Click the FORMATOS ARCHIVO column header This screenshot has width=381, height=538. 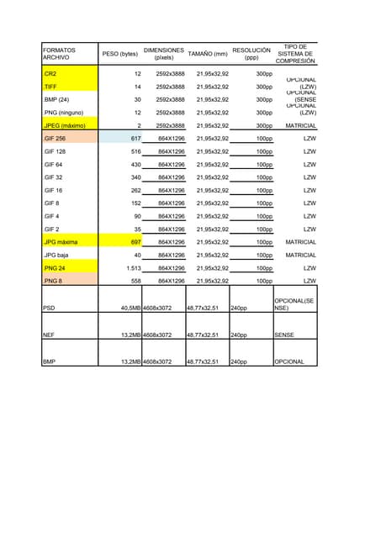click(59, 55)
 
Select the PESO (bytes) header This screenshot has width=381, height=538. click(119, 55)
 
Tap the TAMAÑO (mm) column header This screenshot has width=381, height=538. click(207, 55)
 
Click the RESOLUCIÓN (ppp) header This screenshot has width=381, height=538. click(251, 55)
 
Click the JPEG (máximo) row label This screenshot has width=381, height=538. click(65, 125)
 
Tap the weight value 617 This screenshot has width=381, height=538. click(135, 139)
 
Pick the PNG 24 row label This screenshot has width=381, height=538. click(56, 268)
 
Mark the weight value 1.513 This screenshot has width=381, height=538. click(132, 268)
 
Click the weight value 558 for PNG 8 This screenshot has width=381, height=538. click(135, 282)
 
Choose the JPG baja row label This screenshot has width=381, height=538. click(57, 255)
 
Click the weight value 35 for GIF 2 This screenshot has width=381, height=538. click(137, 229)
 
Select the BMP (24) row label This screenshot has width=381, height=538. click(57, 99)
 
